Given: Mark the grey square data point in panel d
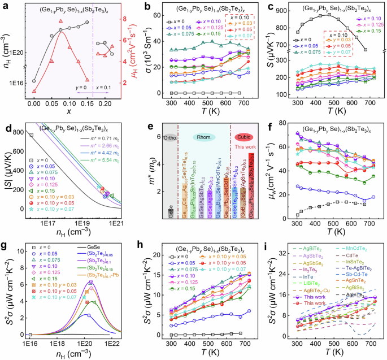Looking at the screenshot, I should pyautogui.click(x=31, y=135).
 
